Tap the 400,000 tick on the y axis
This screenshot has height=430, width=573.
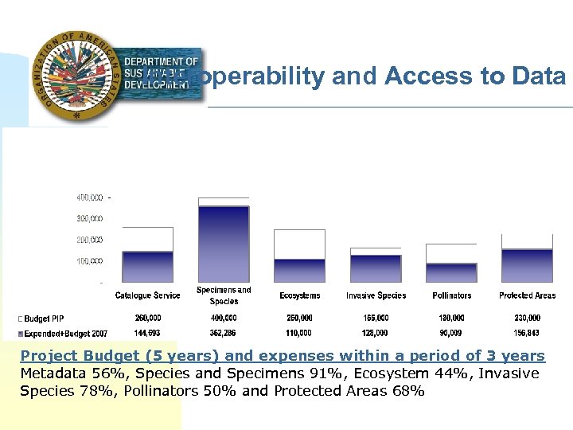[x=89, y=197]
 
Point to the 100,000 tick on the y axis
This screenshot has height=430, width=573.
[x=89, y=260]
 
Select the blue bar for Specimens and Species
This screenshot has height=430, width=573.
[x=224, y=244]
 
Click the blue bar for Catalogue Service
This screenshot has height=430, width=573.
[x=147, y=267]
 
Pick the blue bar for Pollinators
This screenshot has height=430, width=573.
[x=451, y=272]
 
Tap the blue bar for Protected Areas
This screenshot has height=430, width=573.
[x=527, y=265]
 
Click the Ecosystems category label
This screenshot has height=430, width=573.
[x=299, y=295]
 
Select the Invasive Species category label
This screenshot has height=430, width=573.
[x=376, y=295]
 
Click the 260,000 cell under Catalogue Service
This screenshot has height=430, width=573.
[x=147, y=318]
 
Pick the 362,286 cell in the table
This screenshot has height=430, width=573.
[x=224, y=333]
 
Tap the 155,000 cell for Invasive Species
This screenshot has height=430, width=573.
[x=376, y=318]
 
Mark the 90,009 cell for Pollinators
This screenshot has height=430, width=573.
[x=451, y=333]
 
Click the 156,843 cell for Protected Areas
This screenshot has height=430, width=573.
[x=527, y=333]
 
